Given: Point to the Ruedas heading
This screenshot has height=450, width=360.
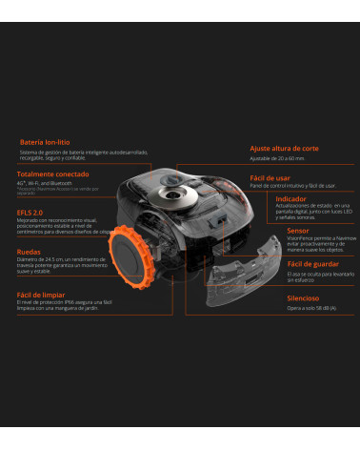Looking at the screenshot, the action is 29,252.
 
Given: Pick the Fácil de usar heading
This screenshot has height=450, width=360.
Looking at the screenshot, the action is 270,178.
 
